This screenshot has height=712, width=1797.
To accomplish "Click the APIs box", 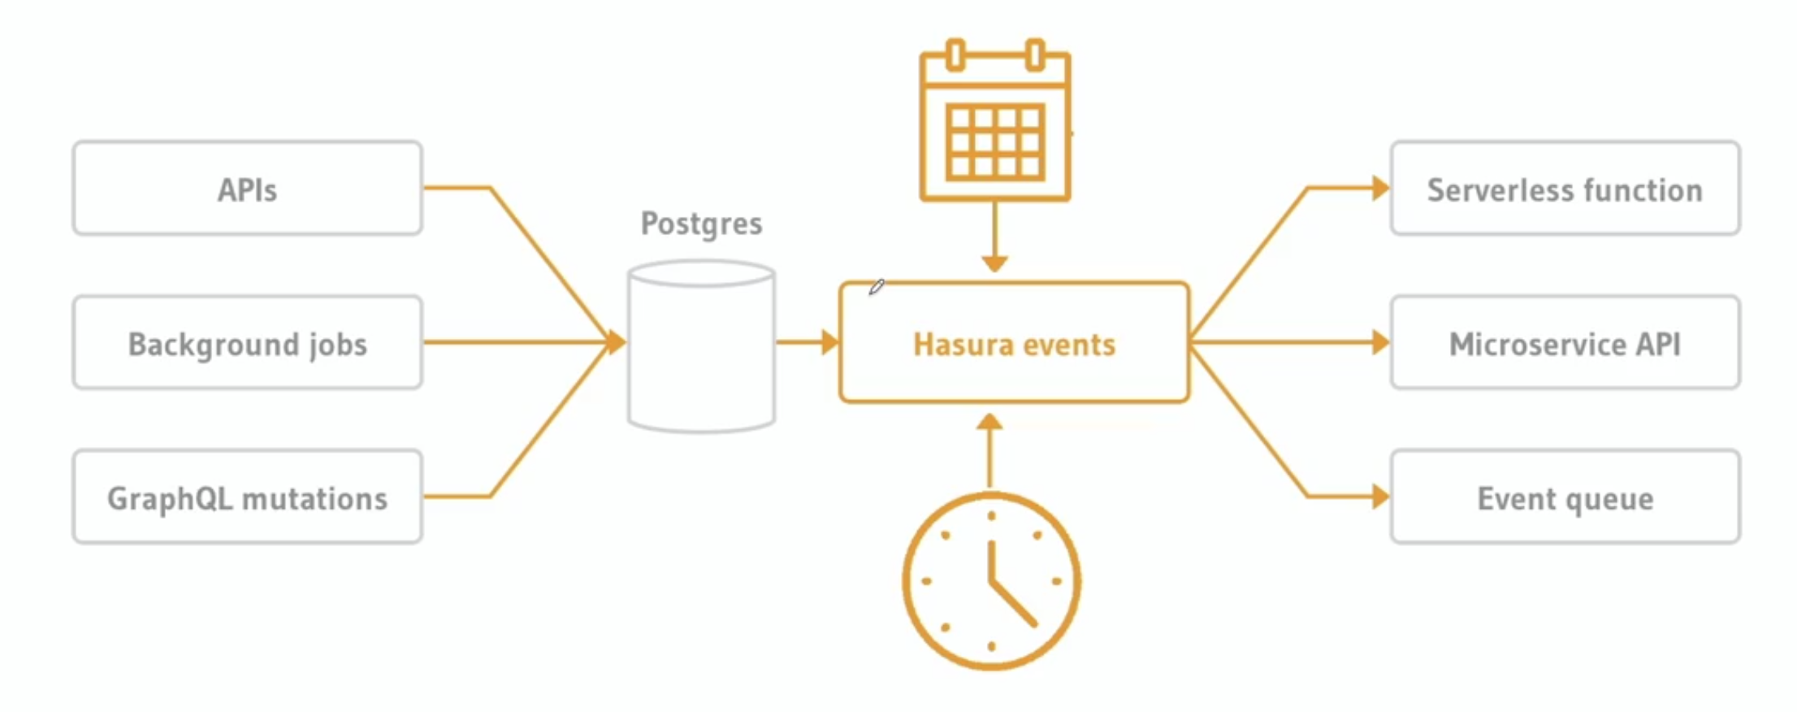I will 247,189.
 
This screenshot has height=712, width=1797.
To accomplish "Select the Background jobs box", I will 247,343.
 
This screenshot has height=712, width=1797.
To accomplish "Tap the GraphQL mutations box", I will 247,497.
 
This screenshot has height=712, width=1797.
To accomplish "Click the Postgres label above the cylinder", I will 701,224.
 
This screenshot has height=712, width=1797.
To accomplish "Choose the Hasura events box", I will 1014,344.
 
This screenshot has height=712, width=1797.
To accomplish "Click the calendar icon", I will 994,122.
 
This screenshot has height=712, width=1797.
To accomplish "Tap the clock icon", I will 991,580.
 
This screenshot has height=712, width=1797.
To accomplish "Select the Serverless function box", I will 1565,189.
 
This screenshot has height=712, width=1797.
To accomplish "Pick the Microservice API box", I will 1565,343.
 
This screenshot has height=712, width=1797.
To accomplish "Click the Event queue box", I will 1565,497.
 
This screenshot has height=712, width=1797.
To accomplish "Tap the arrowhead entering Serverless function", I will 1380,189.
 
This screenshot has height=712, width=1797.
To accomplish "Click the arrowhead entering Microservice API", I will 1380,342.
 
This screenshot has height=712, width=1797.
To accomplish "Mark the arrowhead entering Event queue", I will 1380,497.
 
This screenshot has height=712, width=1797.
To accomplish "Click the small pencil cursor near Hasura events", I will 876,287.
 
